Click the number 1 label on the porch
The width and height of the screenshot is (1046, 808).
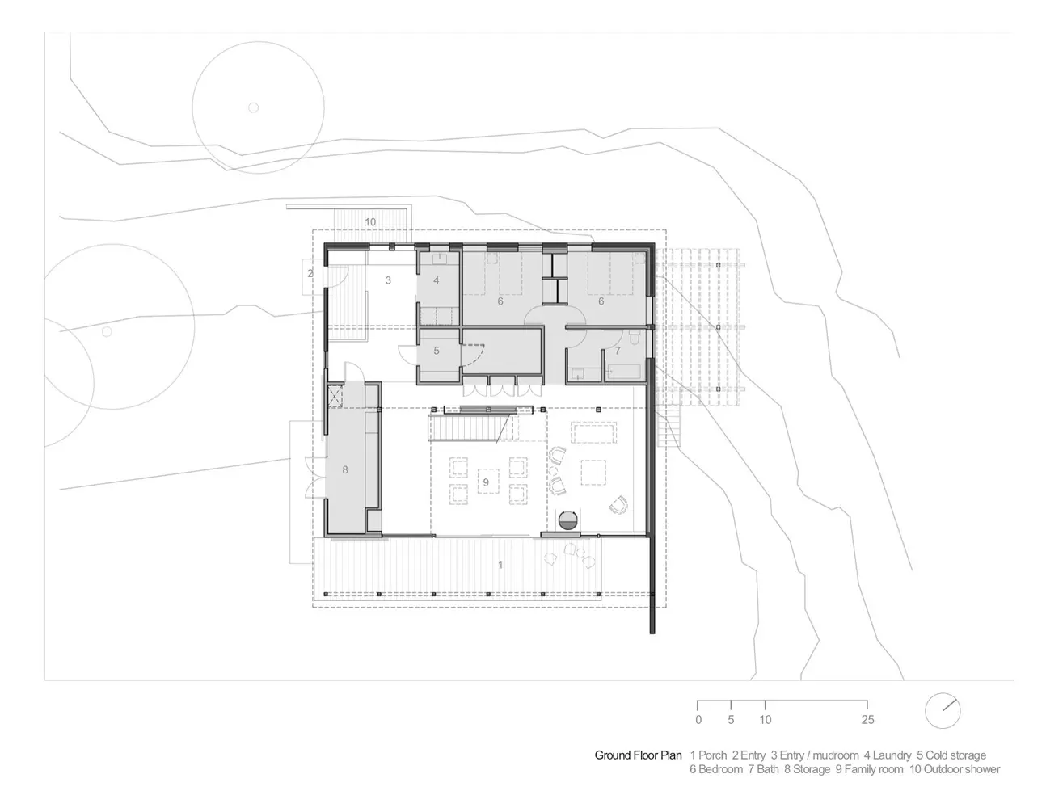pos(500,565)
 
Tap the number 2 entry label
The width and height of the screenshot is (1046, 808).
pos(310,273)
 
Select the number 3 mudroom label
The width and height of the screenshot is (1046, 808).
pos(388,280)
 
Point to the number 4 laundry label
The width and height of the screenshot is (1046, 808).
pos(437,280)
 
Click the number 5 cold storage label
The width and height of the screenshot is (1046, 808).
pos(437,351)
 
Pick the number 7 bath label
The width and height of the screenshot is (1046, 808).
pos(618,351)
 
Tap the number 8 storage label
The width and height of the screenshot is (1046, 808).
pos(344,470)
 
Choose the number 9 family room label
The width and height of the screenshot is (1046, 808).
pos(486,482)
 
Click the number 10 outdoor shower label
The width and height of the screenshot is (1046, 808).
pos(370,222)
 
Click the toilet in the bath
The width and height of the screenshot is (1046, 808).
pos(635,340)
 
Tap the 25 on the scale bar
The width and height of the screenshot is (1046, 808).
pos(867,720)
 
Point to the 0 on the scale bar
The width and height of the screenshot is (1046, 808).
pos(698,720)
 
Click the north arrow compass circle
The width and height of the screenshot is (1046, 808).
pos(943,711)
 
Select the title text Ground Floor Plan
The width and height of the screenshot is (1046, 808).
pos(639,755)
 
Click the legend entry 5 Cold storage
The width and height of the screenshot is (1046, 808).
pos(951,755)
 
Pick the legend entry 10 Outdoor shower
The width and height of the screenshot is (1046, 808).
pos(955,769)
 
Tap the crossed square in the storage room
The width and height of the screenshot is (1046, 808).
pos(335,397)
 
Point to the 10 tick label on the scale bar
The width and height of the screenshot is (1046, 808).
pos(766,720)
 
